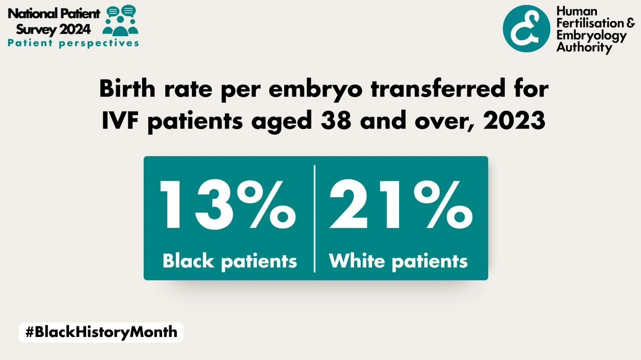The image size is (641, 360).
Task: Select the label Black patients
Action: pyautogui.click(x=230, y=261)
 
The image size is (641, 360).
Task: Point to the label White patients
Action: pyautogui.click(x=398, y=261)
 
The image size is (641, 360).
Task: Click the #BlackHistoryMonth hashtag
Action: pyautogui.click(x=101, y=332)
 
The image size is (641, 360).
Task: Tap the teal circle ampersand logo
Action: pyautogui.click(x=526, y=29)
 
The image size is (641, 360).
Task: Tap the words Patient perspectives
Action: pyautogui.click(x=73, y=43)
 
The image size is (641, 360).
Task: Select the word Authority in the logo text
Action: pyautogui.click(x=584, y=48)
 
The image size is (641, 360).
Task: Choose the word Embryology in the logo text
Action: pyautogui.click(x=591, y=36)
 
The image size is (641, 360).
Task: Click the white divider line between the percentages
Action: pyautogui.click(x=314, y=218)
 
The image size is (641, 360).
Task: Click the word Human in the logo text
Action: pyautogui.click(x=577, y=12)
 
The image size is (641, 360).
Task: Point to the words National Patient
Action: pyautogui.click(x=54, y=13)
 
